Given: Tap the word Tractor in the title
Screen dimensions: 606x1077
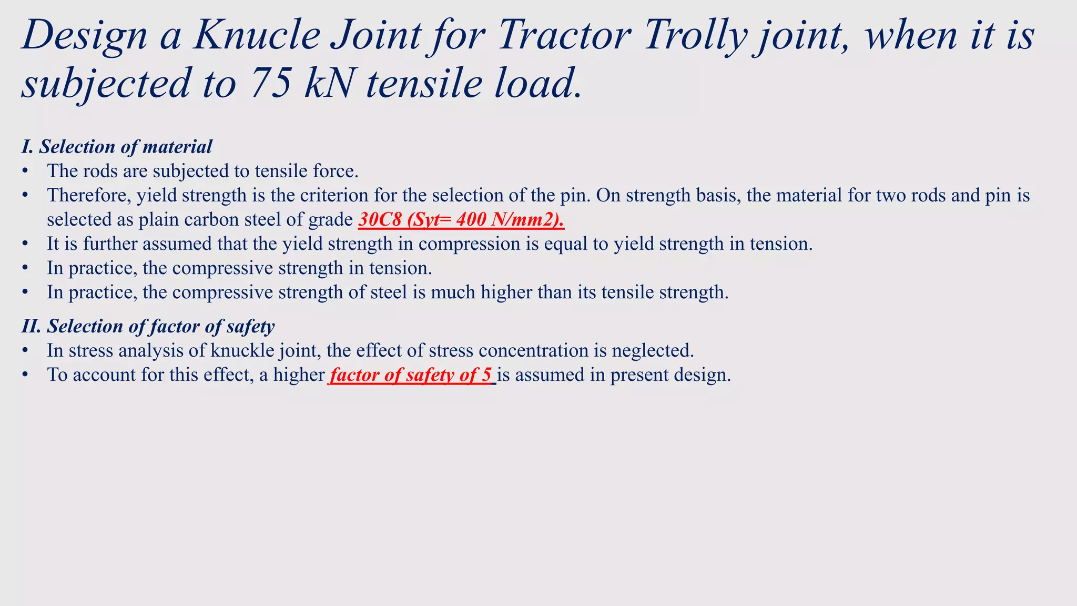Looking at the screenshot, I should [x=564, y=36].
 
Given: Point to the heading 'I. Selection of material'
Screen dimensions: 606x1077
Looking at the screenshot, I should [x=117, y=147].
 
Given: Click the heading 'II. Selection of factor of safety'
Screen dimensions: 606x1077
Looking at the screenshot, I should [x=148, y=327].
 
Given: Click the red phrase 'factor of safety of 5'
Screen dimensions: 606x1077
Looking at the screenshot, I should [x=411, y=375].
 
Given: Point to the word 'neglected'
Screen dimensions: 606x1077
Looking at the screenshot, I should [x=653, y=351].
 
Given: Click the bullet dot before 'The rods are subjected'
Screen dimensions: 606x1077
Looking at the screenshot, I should [x=25, y=171].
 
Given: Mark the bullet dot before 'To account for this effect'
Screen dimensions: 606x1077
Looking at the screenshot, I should [x=25, y=375].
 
